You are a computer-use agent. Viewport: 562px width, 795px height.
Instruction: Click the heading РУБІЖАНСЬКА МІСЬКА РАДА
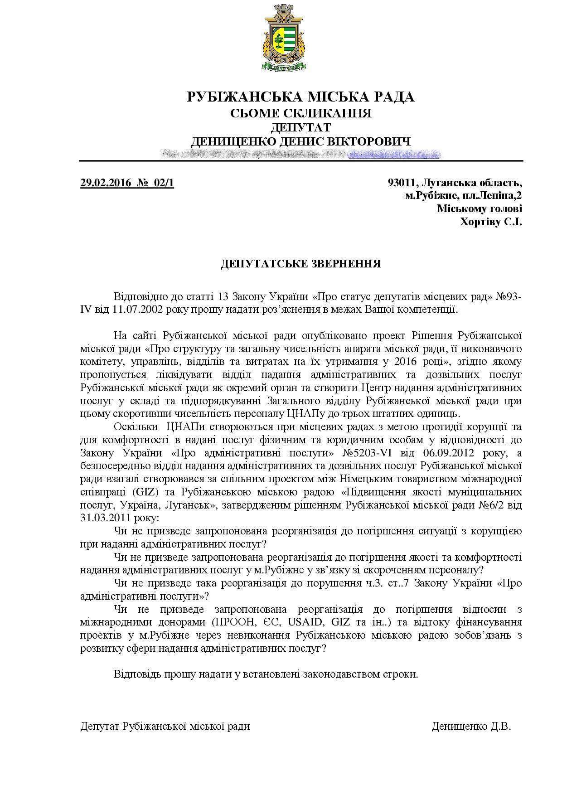pyautogui.click(x=301, y=97)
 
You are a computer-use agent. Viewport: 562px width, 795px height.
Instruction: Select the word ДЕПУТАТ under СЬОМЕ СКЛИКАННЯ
pyautogui.click(x=301, y=127)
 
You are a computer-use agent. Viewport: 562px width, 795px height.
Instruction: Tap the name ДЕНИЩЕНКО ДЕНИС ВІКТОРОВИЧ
pyautogui.click(x=301, y=141)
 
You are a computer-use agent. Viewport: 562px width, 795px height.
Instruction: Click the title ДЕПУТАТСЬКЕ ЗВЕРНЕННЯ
pyautogui.click(x=301, y=264)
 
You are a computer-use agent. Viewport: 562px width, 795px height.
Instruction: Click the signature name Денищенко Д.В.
pyautogui.click(x=471, y=727)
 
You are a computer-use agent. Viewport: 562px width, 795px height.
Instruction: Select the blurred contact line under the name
pyautogui.click(x=301, y=154)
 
